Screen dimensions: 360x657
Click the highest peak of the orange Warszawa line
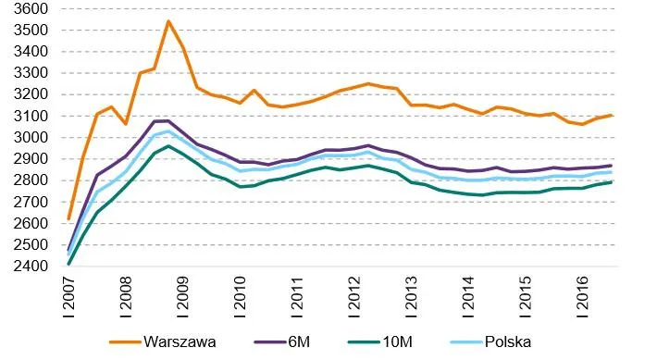coord(168,21)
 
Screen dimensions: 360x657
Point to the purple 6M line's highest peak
coord(167,120)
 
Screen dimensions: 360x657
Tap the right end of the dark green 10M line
coord(638,181)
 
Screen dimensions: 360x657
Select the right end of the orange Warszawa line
coord(638,116)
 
